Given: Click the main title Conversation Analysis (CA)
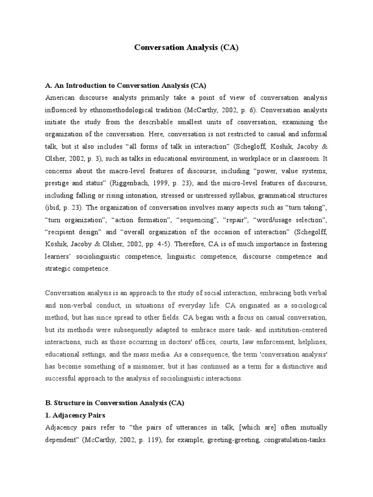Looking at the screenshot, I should pyautogui.click(x=186, y=49).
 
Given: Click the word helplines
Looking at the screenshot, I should pyautogui.click(x=311, y=342).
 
